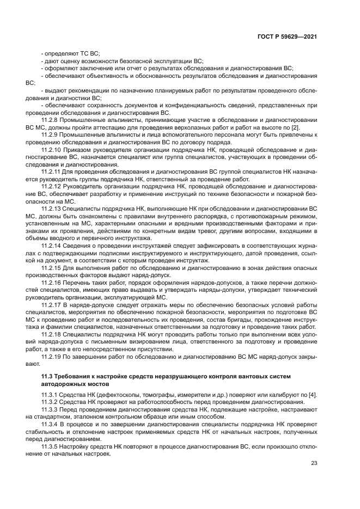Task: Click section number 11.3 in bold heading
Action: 47,377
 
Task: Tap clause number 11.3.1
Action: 50,395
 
